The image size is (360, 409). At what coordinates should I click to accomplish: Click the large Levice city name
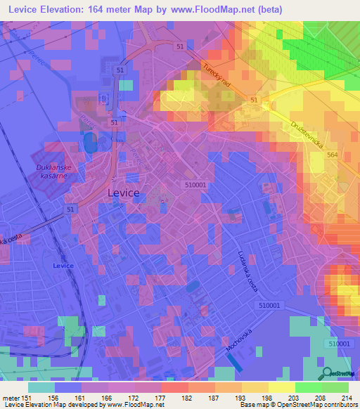(x=122, y=192)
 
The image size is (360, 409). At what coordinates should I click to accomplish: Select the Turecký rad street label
(x=217, y=74)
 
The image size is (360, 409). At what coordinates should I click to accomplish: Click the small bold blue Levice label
(x=62, y=266)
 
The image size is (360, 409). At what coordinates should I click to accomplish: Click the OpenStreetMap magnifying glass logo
(x=327, y=374)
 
